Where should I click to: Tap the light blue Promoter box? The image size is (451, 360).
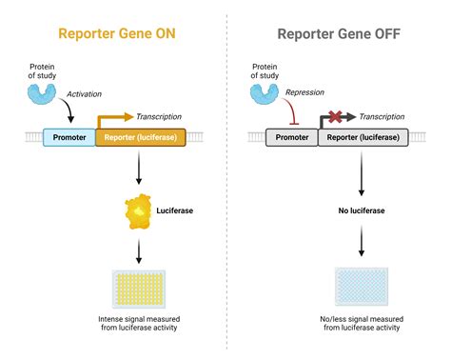point(69,138)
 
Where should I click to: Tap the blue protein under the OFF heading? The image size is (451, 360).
point(264,92)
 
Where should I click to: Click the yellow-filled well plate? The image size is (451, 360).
point(139,288)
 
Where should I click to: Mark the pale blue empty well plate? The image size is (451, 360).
point(363,286)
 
